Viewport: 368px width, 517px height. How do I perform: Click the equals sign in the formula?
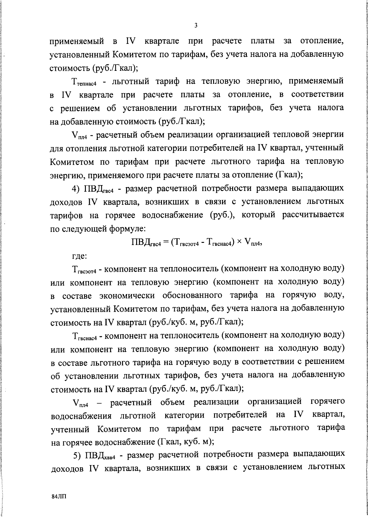click(166, 242)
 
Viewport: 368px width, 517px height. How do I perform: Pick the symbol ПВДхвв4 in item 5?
click(100, 455)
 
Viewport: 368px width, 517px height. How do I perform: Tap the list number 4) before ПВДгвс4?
click(77, 189)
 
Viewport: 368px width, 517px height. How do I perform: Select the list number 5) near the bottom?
click(78, 455)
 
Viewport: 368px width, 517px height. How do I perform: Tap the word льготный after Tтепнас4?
click(126, 81)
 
